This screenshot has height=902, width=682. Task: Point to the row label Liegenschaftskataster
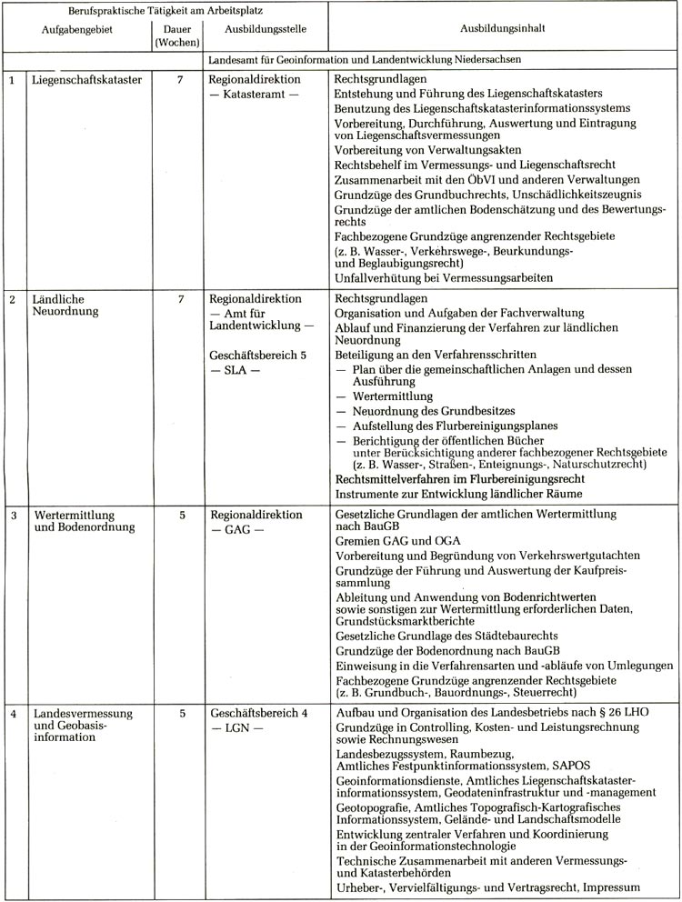(86, 80)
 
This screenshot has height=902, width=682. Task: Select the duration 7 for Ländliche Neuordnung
(182, 298)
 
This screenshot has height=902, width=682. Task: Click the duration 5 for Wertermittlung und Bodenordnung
(182, 515)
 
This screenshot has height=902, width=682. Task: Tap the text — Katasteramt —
(254, 95)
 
